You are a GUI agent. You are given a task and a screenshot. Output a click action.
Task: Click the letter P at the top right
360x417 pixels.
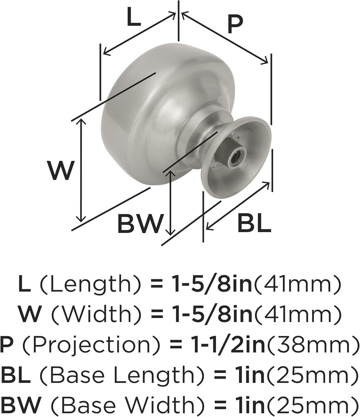pyautogui.click(x=234, y=25)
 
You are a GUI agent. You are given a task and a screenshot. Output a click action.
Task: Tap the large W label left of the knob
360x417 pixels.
pyautogui.click(x=61, y=171)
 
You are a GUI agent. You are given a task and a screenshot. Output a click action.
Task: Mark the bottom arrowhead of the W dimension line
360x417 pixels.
pyautogui.click(x=82, y=219)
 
